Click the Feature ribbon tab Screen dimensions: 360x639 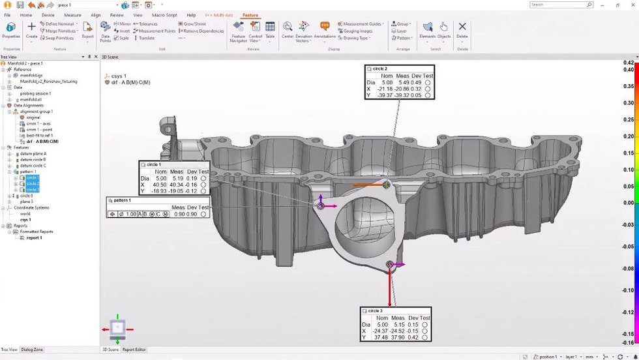[250, 14]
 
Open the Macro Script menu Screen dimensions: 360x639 [165, 14]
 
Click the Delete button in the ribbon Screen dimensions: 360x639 [462, 30]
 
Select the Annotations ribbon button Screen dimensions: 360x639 [325, 30]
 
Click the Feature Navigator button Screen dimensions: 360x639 [238, 30]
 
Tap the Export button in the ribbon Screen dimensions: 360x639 [87, 30]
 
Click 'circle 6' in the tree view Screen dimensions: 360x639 [26, 196]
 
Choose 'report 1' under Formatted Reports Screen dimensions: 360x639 [34, 237]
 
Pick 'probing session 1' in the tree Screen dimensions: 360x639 [36, 93]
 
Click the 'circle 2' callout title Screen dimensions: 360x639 [378, 68]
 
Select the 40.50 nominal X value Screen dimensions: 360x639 [160, 185]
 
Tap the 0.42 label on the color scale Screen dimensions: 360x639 [629, 63]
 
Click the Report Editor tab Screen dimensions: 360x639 [134, 350]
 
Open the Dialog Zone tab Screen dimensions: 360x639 [32, 350]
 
